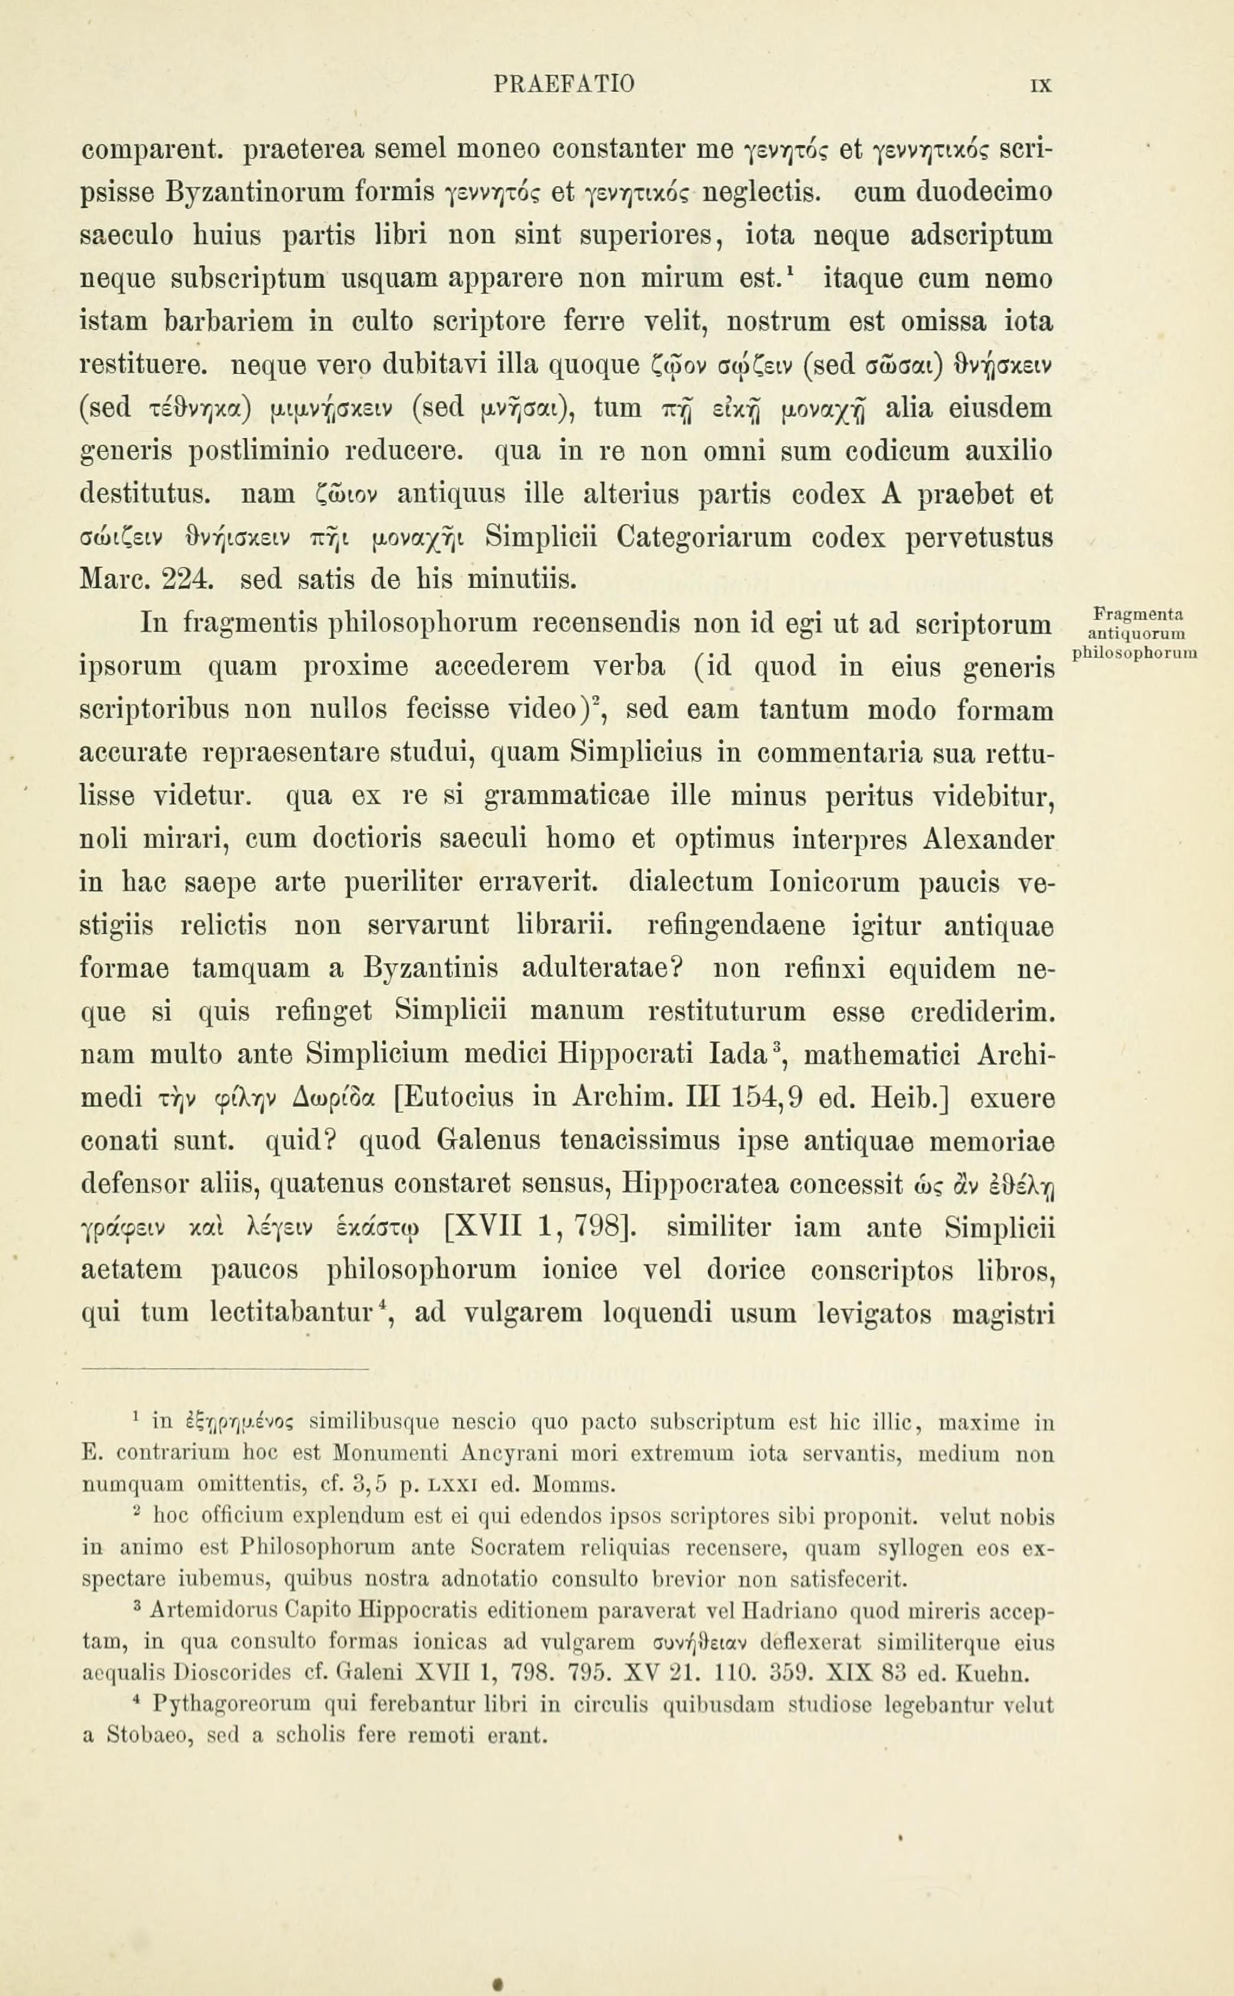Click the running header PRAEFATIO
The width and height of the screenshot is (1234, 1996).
tap(564, 83)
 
